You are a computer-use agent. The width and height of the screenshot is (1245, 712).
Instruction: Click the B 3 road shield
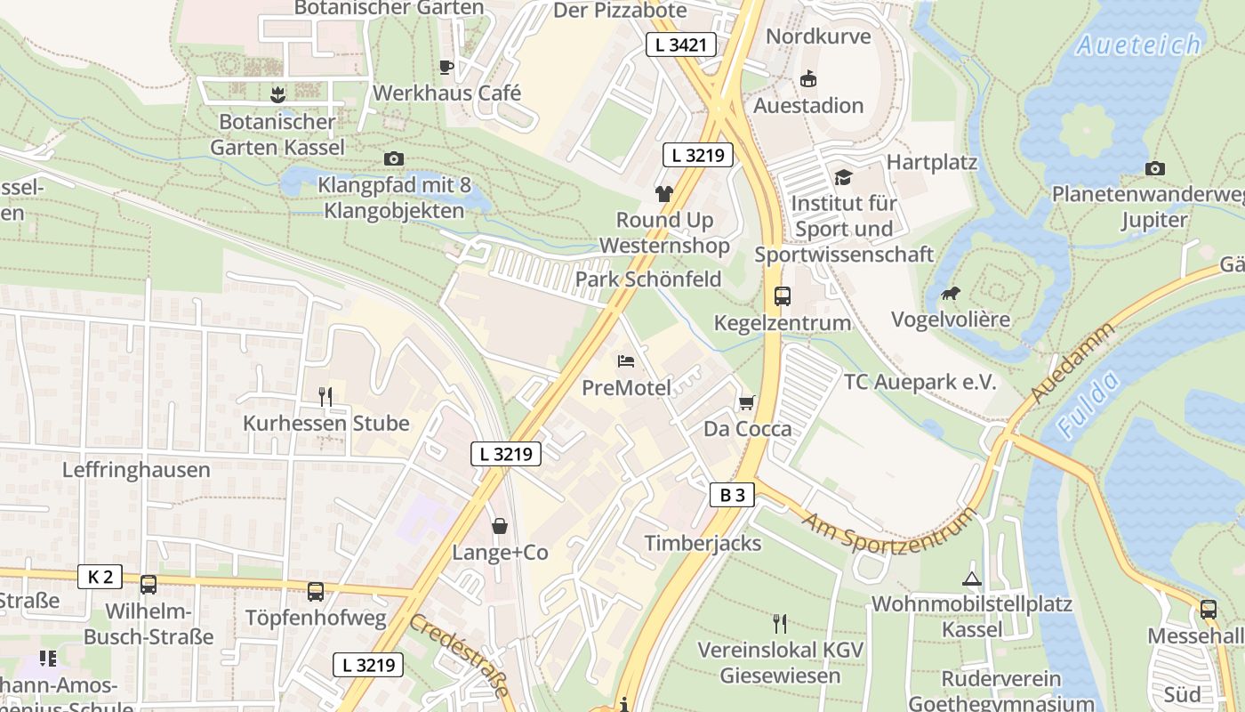click(733, 496)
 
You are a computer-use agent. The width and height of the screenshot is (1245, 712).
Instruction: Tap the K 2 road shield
click(100, 577)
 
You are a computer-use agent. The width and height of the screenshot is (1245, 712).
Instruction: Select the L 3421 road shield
click(681, 44)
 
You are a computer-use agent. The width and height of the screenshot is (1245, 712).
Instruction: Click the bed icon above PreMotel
click(626, 361)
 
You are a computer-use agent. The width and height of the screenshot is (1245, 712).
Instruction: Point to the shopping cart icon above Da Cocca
click(746, 403)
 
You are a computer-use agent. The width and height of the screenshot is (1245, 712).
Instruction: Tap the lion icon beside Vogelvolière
click(950, 293)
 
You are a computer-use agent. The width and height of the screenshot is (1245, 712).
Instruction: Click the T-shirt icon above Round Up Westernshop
click(663, 193)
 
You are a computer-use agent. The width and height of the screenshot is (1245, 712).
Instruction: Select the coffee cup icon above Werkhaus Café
click(446, 67)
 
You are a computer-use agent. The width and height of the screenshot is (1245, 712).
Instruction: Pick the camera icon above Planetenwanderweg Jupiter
click(1154, 168)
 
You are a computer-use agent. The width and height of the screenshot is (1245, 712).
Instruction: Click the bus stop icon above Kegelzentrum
click(783, 296)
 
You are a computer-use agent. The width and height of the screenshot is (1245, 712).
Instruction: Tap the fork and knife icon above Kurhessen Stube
click(325, 397)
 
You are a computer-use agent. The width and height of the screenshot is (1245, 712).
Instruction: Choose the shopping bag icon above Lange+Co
click(500, 526)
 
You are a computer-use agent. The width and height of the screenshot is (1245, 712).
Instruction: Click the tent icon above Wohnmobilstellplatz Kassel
click(971, 578)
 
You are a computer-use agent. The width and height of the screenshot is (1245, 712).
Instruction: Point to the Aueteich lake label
click(1139, 44)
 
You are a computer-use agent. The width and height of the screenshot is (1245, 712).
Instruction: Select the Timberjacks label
click(703, 543)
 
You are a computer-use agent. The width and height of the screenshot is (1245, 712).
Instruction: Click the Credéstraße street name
click(461, 655)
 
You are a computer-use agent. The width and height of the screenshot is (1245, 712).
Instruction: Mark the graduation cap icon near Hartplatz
click(842, 177)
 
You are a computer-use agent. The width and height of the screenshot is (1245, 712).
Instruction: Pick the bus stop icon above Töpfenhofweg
click(315, 591)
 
